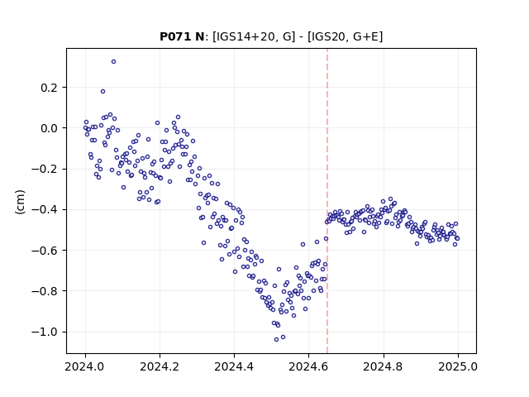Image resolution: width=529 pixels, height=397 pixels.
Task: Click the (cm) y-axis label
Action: (x=20, y=202)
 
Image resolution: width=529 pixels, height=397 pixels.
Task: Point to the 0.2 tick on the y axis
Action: (x=50, y=88)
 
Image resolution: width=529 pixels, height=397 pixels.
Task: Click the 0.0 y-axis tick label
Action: (x=50, y=128)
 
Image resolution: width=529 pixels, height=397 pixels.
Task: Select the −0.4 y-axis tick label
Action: (x=45, y=209)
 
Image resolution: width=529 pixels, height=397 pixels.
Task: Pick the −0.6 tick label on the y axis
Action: (x=45, y=251)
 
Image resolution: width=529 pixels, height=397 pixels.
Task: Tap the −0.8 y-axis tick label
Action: (x=45, y=291)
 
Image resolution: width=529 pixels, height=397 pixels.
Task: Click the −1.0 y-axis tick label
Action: (x=45, y=332)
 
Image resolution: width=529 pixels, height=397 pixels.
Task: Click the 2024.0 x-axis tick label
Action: (x=85, y=366)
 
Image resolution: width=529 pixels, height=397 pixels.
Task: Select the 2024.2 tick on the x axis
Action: (x=160, y=366)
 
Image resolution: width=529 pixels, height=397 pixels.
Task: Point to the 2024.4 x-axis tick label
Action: (x=234, y=366)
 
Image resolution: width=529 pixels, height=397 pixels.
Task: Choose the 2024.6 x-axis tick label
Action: (x=308, y=366)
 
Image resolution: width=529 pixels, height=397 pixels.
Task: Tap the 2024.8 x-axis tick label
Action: (x=384, y=366)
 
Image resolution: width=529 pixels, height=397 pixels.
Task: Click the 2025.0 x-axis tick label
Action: (x=458, y=366)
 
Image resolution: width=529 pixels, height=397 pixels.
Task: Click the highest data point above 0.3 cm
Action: (x=114, y=62)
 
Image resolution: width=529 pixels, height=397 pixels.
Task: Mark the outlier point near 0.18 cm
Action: (x=102, y=92)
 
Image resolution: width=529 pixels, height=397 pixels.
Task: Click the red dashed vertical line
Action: (x=327, y=201)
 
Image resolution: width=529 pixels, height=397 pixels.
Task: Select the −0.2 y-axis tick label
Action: (x=45, y=169)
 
